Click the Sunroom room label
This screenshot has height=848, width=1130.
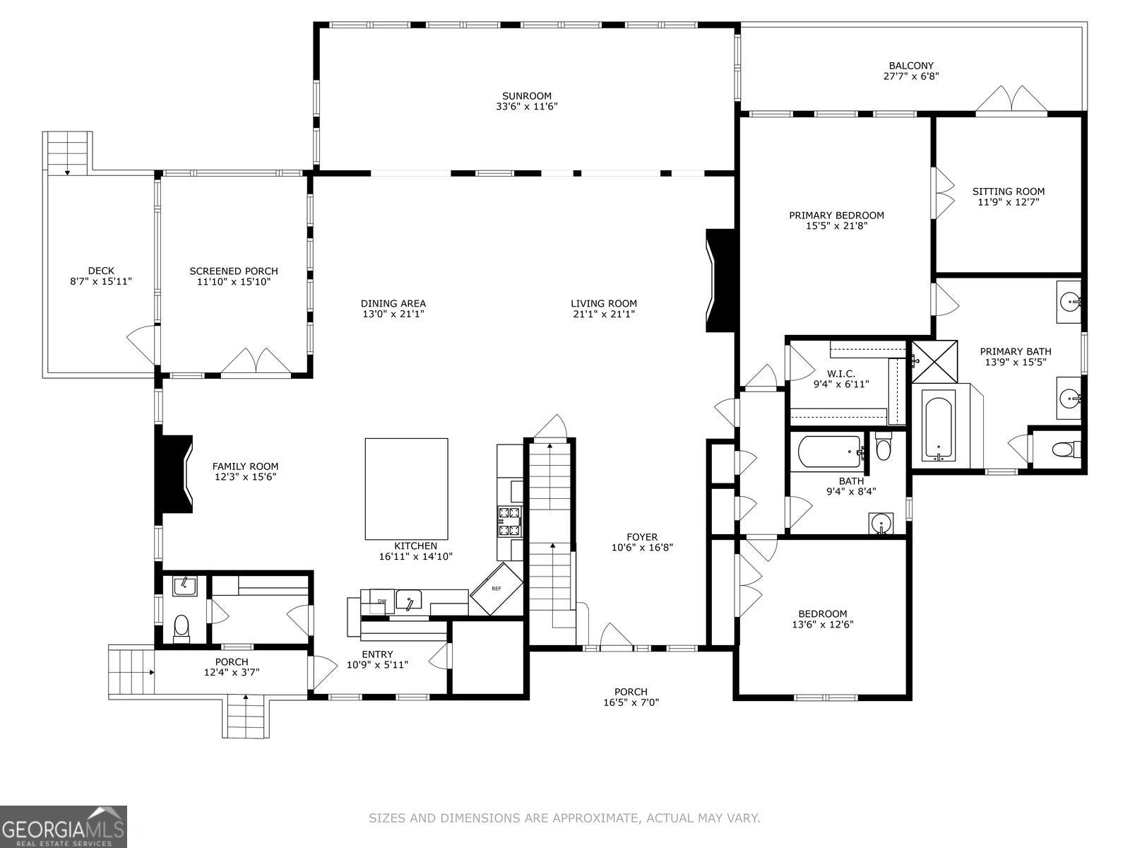(x=527, y=96)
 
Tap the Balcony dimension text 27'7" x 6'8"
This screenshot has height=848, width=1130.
(x=911, y=76)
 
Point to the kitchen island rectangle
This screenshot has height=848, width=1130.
(x=406, y=488)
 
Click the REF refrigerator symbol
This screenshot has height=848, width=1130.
(x=497, y=588)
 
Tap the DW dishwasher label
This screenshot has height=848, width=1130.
(x=381, y=601)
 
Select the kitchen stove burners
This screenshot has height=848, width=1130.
(x=510, y=522)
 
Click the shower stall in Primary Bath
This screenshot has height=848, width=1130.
(x=934, y=361)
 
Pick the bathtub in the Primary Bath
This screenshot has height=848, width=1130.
(x=939, y=428)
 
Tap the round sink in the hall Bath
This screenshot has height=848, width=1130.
(x=881, y=524)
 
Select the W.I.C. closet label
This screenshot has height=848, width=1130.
(x=840, y=373)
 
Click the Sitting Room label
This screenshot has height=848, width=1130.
(x=1008, y=192)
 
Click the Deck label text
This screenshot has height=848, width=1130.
(x=101, y=271)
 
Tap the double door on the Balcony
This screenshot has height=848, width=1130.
(x=1011, y=99)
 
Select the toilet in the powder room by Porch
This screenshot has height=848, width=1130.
(x=182, y=628)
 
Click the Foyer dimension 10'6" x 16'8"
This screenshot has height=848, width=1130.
(x=641, y=548)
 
